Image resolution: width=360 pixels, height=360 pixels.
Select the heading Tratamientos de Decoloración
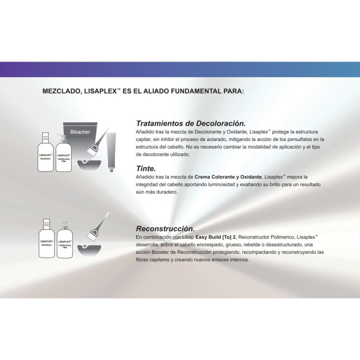click(x=191, y=123)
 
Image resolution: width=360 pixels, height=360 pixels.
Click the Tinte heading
click(x=146, y=168)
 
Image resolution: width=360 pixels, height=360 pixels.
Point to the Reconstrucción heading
click(x=165, y=228)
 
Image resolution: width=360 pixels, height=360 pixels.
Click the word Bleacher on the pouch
click(x=80, y=132)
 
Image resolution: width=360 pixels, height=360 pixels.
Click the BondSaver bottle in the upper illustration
click(x=46, y=153)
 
